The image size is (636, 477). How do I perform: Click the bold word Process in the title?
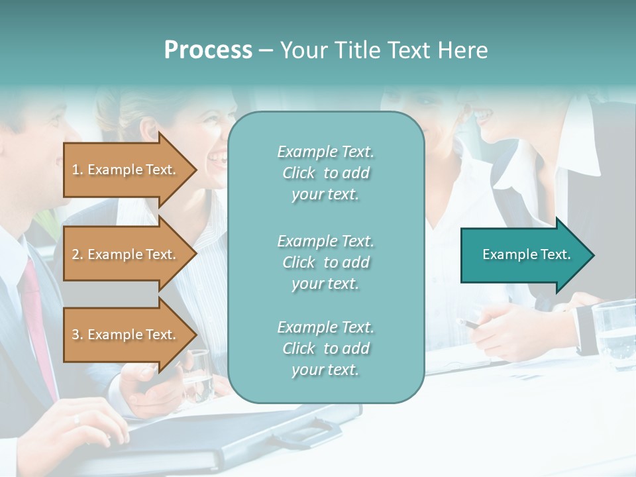[x=208, y=50]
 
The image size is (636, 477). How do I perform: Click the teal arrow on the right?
[x=527, y=255]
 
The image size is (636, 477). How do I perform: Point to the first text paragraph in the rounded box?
[x=325, y=173]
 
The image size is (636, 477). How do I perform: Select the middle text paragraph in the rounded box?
[x=325, y=262]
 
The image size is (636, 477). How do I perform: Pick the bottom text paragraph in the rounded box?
[x=325, y=348]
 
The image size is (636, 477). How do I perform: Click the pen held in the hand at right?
[x=472, y=325]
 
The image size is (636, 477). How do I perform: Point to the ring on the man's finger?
[x=76, y=419]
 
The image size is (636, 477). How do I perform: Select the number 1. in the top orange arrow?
[x=78, y=170]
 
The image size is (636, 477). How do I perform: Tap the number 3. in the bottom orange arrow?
[x=78, y=335]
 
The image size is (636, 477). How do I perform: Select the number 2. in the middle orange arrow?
[x=78, y=254]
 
